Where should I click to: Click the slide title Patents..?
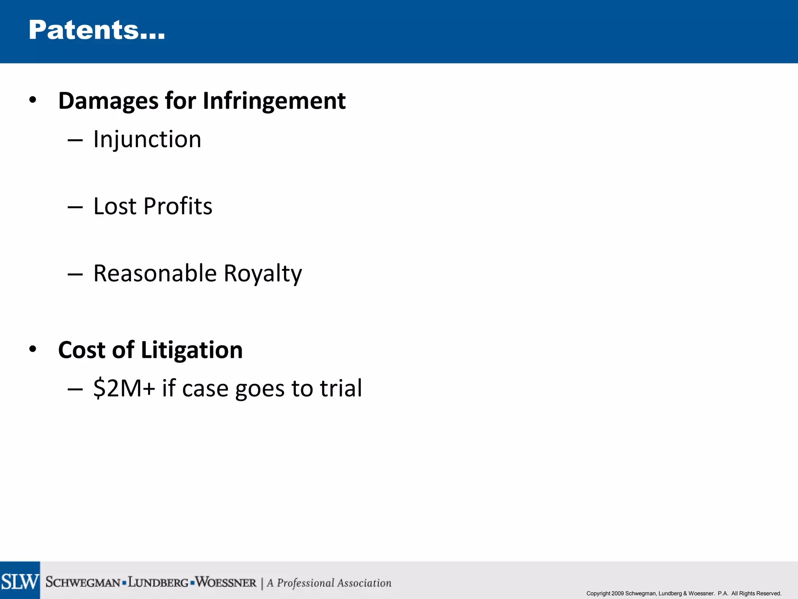click(97, 30)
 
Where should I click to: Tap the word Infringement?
click(274, 101)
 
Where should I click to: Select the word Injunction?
click(147, 140)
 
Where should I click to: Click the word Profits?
click(178, 206)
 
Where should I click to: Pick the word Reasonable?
click(155, 273)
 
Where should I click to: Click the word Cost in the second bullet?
click(81, 350)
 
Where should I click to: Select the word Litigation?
click(192, 350)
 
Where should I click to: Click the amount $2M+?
click(124, 388)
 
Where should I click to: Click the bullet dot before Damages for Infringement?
click(33, 100)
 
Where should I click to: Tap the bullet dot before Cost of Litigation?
click(33, 349)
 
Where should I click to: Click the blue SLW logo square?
click(20, 580)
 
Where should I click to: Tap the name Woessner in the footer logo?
click(226, 582)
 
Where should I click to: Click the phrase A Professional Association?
click(329, 583)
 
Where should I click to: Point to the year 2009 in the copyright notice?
click(618, 594)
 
